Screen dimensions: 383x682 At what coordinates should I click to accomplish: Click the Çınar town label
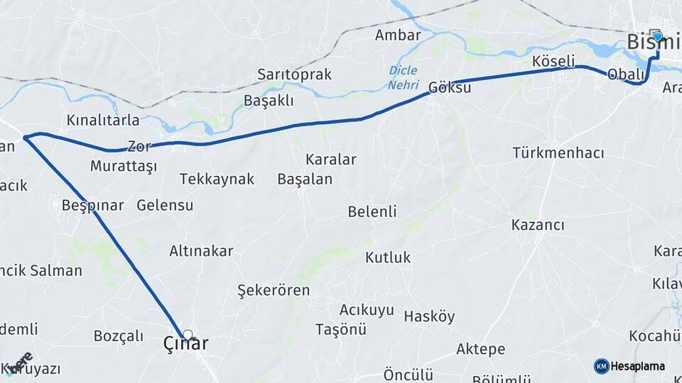(x=186, y=345)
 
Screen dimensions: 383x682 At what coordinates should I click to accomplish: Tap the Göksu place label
(x=449, y=89)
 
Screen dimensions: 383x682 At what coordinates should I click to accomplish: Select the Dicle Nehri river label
(x=403, y=78)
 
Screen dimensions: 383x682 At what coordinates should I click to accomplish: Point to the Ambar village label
(x=398, y=35)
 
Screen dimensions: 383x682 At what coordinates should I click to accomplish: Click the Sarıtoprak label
(x=294, y=74)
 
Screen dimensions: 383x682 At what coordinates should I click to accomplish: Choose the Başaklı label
(x=269, y=100)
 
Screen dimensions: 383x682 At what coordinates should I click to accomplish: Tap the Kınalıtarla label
(x=103, y=120)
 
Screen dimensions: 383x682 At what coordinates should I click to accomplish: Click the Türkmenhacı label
(x=558, y=153)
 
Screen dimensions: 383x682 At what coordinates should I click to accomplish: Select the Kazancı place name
(x=538, y=225)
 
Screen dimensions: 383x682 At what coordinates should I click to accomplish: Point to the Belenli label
(x=372, y=211)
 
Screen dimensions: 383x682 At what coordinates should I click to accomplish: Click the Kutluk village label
(x=388, y=257)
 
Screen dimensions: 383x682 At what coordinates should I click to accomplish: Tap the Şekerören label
(x=274, y=290)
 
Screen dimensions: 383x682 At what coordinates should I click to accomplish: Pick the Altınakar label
(x=201, y=250)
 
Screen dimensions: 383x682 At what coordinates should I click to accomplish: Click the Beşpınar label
(x=92, y=206)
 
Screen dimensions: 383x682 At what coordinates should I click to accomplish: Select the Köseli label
(x=553, y=61)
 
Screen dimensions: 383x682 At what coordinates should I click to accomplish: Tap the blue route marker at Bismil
(x=657, y=36)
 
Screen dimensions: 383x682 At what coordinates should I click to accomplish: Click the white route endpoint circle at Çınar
(x=188, y=333)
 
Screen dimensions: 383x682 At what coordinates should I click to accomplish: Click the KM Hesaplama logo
(x=629, y=366)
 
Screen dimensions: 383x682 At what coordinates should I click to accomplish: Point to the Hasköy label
(x=429, y=316)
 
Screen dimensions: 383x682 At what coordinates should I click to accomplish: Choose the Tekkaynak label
(x=217, y=179)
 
